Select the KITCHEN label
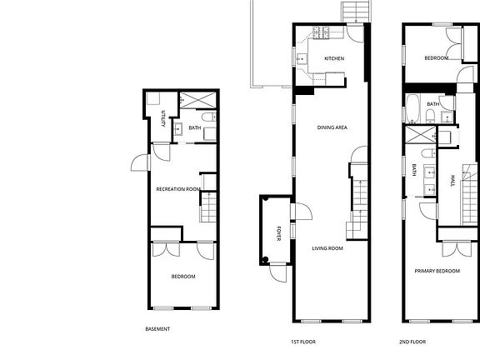pyautogui.click(x=334, y=58)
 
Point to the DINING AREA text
pyautogui.click(x=332, y=127)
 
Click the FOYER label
pyautogui.click(x=279, y=233)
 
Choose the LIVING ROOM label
pyautogui.click(x=327, y=248)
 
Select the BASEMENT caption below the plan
pyautogui.click(x=157, y=329)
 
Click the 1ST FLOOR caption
pyautogui.click(x=301, y=342)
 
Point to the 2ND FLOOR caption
pyautogui.click(x=412, y=342)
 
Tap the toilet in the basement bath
pyautogui.click(x=209, y=132)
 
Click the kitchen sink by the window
pyautogui.click(x=302, y=58)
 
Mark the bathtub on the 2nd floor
pyautogui.click(x=413, y=107)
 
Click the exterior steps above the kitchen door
pyautogui.click(x=352, y=12)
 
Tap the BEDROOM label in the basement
pyautogui.click(x=183, y=277)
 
